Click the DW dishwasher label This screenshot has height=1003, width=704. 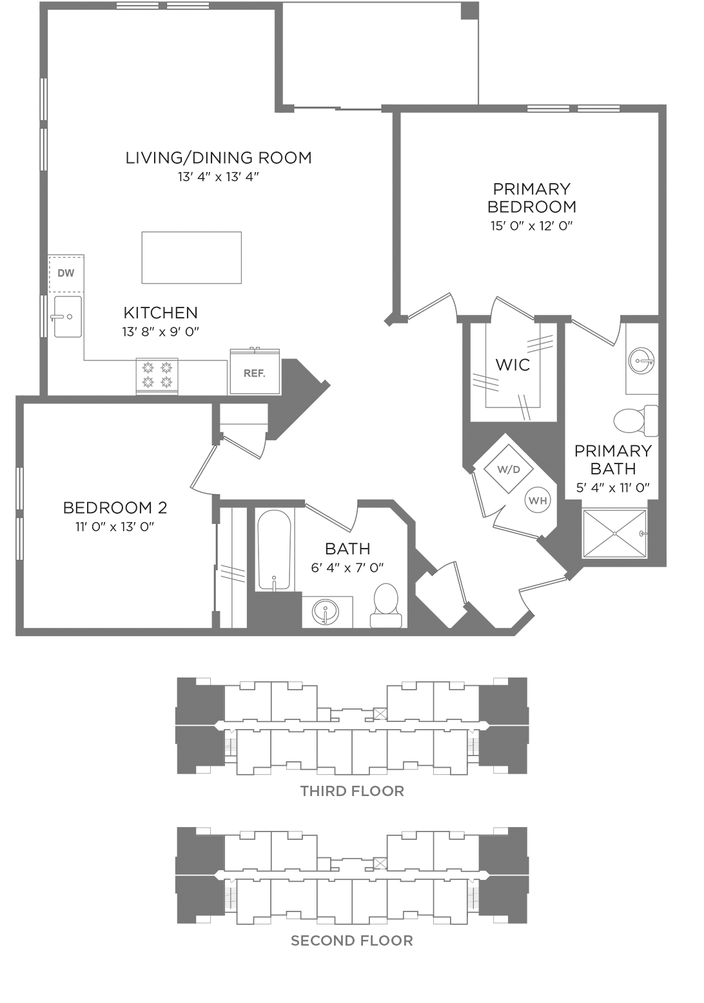[x=66, y=273]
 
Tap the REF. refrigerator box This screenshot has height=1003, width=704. [x=255, y=372]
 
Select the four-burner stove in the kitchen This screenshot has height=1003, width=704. [x=157, y=376]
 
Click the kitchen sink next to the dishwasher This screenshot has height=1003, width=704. [x=68, y=316]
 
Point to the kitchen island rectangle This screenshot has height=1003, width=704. [x=191, y=257]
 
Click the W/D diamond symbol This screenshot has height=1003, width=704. [x=508, y=469]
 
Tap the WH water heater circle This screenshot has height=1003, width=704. [x=538, y=501]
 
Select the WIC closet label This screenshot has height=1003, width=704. [x=513, y=365]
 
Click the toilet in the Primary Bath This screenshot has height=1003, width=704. [x=636, y=421]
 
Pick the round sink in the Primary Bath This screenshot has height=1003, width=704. [x=641, y=360]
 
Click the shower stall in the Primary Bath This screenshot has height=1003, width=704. [x=614, y=533]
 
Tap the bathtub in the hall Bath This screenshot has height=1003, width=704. [x=274, y=550]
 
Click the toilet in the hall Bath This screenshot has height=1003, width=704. [x=386, y=605]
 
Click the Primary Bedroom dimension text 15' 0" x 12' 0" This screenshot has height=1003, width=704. [x=532, y=226]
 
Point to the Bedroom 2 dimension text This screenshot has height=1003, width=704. [x=115, y=527]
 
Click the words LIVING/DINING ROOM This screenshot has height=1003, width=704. [x=219, y=158]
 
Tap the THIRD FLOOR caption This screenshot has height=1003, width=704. [x=352, y=791]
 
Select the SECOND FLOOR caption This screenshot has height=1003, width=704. [x=352, y=940]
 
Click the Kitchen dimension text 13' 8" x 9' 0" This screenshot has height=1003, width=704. [x=161, y=332]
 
